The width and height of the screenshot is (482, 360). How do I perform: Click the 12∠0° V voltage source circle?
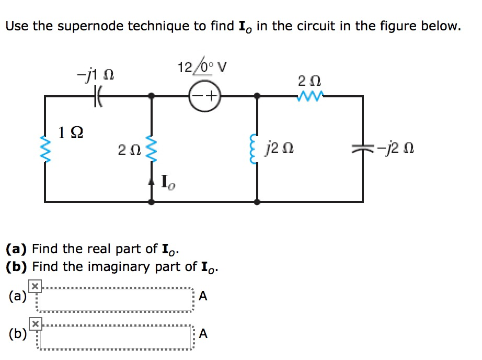tap(204, 97)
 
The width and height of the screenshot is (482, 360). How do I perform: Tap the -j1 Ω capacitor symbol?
tap(97, 96)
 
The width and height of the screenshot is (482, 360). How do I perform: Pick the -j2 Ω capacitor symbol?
tap(362, 149)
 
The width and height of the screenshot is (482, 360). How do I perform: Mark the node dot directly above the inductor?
tap(257, 96)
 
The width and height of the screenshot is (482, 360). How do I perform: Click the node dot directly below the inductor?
tap(257, 201)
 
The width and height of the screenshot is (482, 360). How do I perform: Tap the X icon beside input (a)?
tap(34, 286)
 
